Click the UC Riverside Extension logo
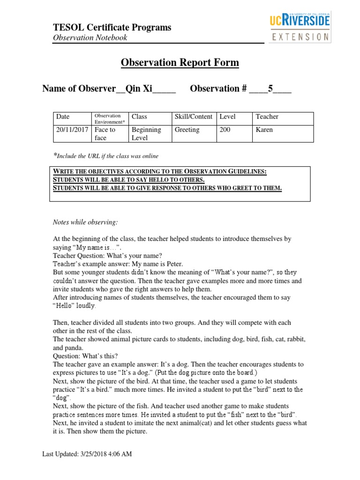point(300,28)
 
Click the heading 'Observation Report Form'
point(180,63)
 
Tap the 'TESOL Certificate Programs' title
point(112,28)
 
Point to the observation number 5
point(270,89)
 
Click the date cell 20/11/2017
point(72,130)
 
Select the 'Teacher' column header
point(267,117)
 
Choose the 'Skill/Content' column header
point(193,117)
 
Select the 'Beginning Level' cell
point(146,134)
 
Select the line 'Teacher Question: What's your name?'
point(107,255)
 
